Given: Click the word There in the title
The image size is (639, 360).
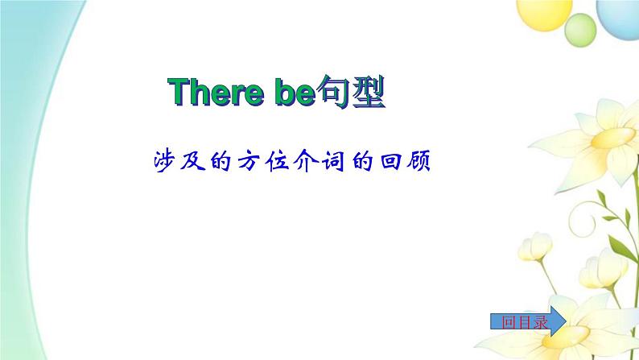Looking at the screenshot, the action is pos(216,92).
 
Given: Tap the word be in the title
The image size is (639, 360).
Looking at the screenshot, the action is pos(295,92).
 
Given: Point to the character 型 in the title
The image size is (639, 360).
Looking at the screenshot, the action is pos(369,92).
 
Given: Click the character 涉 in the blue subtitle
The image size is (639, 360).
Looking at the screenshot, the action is pos(164,161).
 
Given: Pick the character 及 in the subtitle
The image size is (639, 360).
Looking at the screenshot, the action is pos(192,161).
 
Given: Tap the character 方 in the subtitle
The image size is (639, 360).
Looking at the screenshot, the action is pos(249,161).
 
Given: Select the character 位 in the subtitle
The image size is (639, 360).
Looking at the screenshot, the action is pos(277,161).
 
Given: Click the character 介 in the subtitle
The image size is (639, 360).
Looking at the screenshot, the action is pos(305,161).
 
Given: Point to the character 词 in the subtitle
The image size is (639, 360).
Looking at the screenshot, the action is pos(333,161).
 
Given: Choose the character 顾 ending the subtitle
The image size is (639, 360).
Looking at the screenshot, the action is pos(418,161).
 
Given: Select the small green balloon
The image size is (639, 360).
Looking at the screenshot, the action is pos(580,30).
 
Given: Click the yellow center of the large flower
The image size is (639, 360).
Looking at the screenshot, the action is pos(612,138).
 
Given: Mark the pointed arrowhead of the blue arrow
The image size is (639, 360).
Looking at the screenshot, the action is pos(566,321).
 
